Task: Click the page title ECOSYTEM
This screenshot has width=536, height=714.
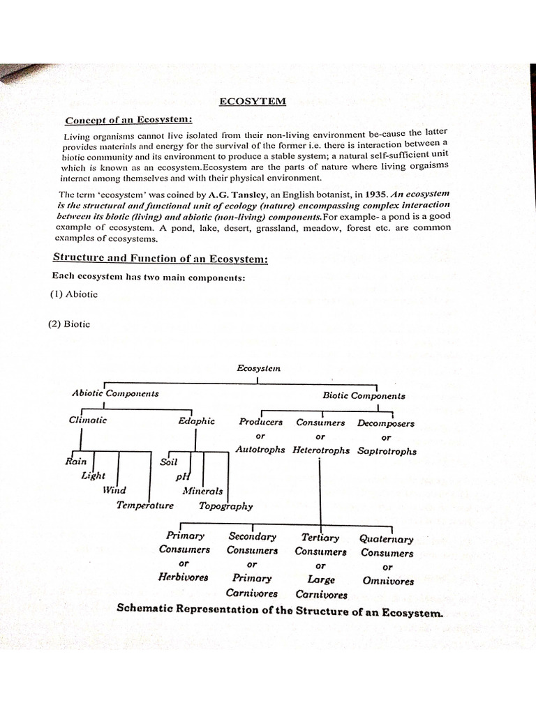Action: [x=252, y=101]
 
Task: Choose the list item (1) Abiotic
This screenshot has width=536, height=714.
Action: [x=73, y=294]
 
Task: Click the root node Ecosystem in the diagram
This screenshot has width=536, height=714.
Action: [x=258, y=368]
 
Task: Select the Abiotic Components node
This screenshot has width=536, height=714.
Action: [x=115, y=393]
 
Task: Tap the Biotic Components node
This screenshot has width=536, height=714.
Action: [x=364, y=395]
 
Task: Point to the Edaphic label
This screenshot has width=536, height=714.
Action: [x=196, y=421]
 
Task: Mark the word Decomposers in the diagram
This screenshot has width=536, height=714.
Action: [x=385, y=423]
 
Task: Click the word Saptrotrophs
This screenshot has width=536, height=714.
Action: [x=387, y=451]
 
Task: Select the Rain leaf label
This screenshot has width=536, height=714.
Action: [x=75, y=461]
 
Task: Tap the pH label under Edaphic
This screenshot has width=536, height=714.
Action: [x=183, y=476]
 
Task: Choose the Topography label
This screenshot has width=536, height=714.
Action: [x=226, y=506]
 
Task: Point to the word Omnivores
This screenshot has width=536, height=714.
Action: [x=388, y=581]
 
